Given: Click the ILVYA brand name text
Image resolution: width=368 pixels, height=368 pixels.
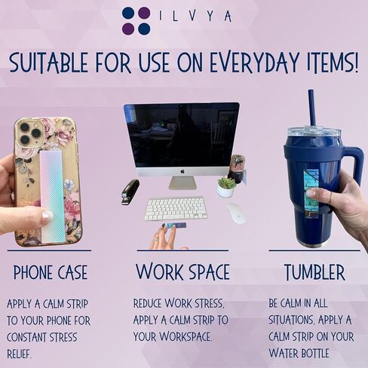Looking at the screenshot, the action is (x=195, y=16).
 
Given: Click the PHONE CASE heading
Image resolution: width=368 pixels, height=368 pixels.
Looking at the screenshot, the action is (x=51, y=272).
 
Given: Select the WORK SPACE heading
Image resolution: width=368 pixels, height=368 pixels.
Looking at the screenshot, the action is (x=182, y=271).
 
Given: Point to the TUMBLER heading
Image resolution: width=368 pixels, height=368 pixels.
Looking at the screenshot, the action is (x=314, y=272).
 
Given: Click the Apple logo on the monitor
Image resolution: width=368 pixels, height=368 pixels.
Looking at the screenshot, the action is (x=182, y=172).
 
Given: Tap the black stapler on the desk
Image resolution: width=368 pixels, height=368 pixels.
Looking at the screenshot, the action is (x=130, y=192).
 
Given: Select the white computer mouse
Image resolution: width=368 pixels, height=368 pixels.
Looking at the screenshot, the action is (x=236, y=213).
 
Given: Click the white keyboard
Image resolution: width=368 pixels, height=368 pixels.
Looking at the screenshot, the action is (x=176, y=209).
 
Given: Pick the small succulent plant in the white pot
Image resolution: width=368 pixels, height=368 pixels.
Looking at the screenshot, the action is (x=225, y=187).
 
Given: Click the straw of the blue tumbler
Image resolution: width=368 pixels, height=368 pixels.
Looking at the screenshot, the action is (x=312, y=109).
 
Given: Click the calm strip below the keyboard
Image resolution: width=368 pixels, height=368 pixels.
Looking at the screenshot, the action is (x=175, y=225).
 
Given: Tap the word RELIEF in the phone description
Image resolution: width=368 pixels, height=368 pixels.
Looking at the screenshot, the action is (x=19, y=354).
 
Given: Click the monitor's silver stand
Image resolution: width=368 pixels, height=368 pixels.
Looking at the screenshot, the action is (x=182, y=182).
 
